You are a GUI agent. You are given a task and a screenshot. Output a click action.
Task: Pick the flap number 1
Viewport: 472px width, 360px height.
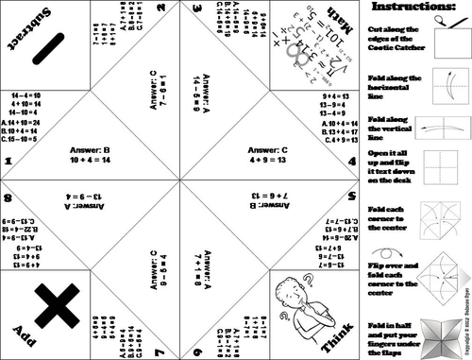click(8, 163)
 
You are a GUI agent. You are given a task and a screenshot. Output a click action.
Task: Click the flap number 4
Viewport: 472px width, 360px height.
click(350, 163)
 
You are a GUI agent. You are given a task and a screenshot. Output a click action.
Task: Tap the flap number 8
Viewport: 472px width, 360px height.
click(8, 197)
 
